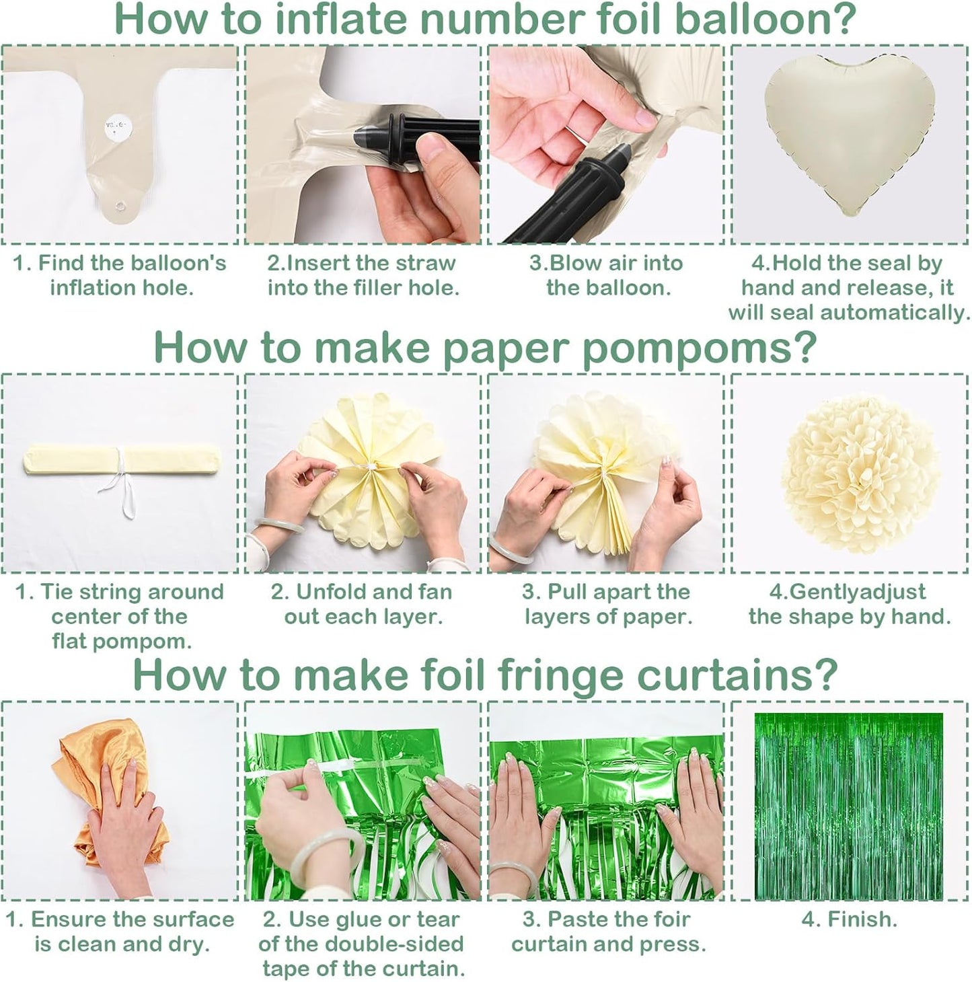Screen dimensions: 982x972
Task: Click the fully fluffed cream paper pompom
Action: point(860,475)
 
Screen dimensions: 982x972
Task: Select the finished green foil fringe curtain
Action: point(848,806)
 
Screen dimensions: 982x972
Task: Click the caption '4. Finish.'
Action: point(849,919)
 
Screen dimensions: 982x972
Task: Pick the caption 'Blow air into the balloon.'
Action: point(606,275)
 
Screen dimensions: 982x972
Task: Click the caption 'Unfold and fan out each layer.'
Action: point(363,604)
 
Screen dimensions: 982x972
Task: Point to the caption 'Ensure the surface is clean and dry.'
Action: point(120,932)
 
